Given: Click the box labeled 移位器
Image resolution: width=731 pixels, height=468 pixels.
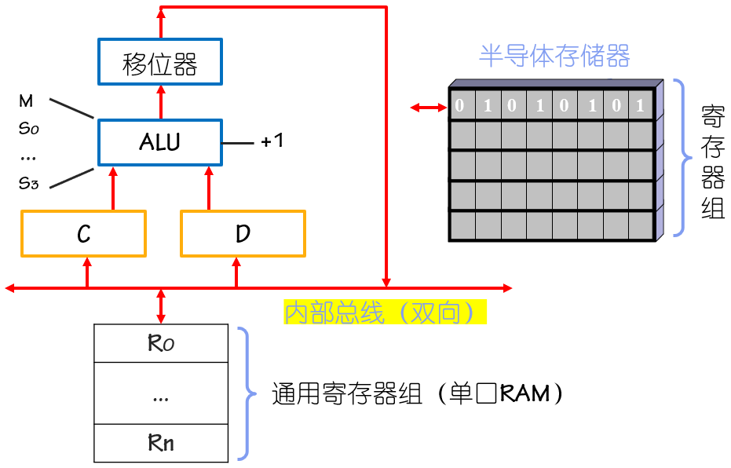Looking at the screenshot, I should coord(160,62).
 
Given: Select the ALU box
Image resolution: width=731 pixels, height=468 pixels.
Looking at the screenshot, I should coord(159,142).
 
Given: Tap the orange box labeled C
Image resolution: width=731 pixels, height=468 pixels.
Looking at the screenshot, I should coord(83,233).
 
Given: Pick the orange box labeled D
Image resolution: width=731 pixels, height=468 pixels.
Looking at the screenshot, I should coord(243,233).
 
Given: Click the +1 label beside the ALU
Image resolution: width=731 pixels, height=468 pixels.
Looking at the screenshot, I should coord(272,141).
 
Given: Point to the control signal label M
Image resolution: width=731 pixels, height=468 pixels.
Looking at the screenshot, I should coord(26,101).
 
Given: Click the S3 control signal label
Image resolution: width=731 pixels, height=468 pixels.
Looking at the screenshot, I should coord(28,183).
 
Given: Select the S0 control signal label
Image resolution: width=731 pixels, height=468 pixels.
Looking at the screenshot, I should coord(28,128).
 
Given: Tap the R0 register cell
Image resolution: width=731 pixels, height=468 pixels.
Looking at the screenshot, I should coord(161,343).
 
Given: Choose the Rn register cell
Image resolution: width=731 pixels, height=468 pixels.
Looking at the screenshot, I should coord(161,443).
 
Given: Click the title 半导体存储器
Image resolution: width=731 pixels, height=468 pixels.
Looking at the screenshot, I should coord(554,57).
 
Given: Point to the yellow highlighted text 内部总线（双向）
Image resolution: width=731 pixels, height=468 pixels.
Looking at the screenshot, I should coord(385,313).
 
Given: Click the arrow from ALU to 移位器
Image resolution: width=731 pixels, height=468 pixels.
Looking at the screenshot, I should coord(160,102).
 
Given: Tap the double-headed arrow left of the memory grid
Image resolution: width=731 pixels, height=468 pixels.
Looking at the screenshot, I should coord(429,107).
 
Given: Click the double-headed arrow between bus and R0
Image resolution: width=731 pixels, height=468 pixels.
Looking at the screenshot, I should coord(161,306).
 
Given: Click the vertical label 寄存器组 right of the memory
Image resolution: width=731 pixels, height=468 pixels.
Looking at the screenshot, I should coord(712,160).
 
